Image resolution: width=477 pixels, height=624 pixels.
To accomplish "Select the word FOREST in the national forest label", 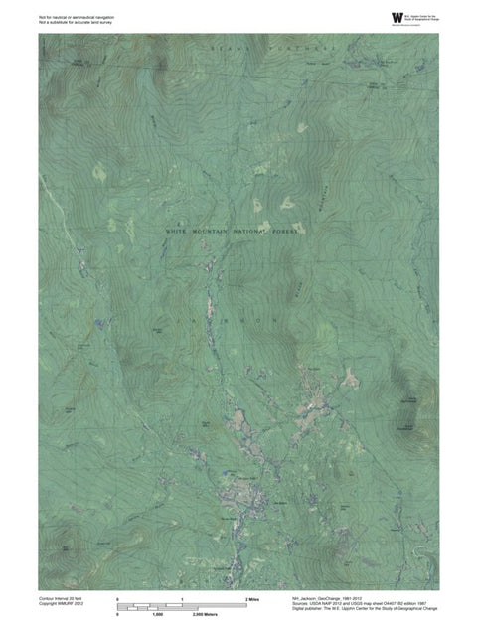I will click(283, 231).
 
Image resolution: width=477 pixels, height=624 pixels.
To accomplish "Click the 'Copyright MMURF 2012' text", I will click(61, 605).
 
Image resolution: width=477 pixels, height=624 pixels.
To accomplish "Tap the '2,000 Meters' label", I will click(206, 616).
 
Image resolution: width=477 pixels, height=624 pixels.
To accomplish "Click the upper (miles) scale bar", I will click(182, 605).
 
